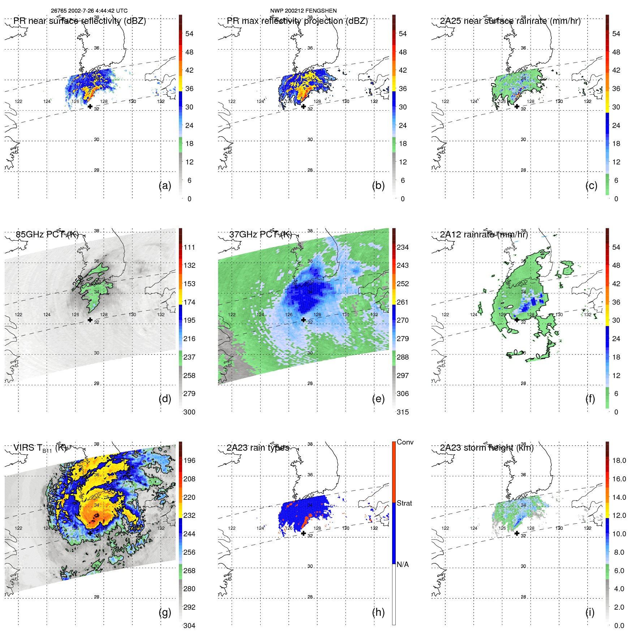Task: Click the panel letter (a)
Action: (165, 185)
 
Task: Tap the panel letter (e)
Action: (378, 399)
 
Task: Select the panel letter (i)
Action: (590, 612)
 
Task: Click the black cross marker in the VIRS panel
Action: (90, 533)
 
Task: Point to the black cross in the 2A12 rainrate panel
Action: (517, 320)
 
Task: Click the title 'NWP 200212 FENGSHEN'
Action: (303, 11)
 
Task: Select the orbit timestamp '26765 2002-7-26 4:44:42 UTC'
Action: (89, 11)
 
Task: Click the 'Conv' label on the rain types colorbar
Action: (405, 442)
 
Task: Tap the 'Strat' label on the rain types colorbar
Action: (404, 503)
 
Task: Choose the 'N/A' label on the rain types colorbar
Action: (403, 564)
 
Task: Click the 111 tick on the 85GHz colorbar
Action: (189, 247)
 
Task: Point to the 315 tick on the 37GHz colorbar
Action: (403, 412)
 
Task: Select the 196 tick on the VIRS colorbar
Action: (189, 460)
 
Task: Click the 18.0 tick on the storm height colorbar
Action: (619, 460)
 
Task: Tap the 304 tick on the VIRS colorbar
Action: (189, 626)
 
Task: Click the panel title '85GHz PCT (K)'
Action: (47, 235)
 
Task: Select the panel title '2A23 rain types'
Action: (258, 448)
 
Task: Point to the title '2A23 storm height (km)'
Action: (486, 448)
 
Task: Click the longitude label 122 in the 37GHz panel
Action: (232, 314)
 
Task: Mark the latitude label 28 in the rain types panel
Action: (310, 597)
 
